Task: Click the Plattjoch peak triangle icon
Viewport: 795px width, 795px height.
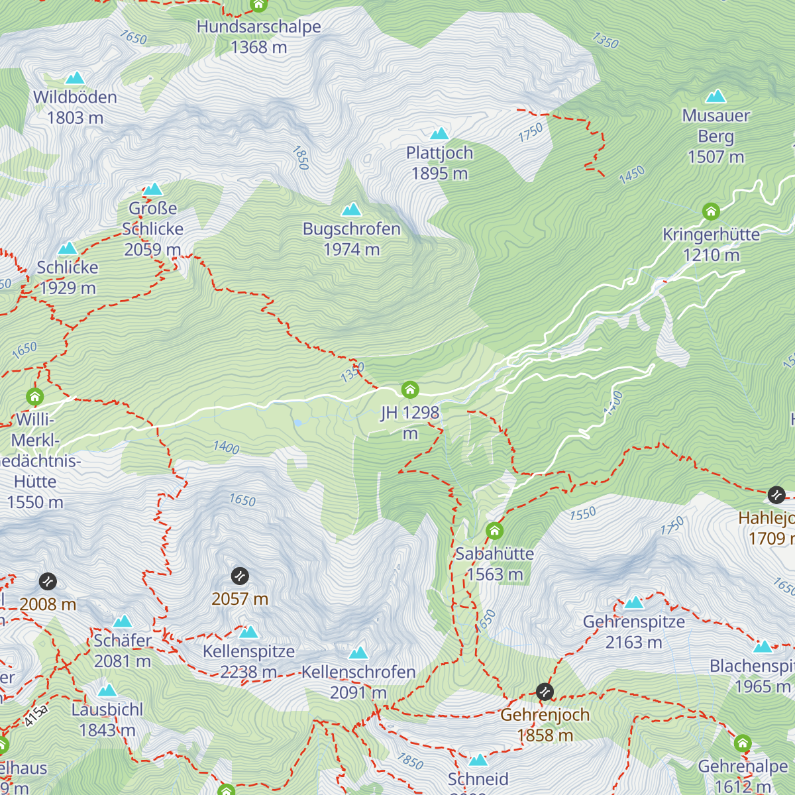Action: [x=439, y=134]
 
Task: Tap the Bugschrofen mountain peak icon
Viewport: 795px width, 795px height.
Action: [x=351, y=210]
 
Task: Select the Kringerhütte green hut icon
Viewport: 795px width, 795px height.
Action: [x=711, y=212]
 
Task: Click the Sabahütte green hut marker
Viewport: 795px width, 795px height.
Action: [x=494, y=531]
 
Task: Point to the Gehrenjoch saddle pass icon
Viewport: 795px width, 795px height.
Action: [x=545, y=692]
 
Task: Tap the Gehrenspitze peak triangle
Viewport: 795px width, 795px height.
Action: [x=634, y=602]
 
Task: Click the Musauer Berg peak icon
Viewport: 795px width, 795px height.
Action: [x=715, y=97]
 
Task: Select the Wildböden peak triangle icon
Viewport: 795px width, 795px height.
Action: [x=75, y=78]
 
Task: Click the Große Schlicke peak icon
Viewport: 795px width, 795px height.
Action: [x=153, y=189]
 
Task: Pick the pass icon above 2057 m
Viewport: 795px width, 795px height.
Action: [x=240, y=576]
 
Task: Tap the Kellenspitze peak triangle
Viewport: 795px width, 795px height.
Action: [x=248, y=632]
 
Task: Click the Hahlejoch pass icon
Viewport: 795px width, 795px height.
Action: [x=776, y=495]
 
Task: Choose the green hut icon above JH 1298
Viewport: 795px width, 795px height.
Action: [x=410, y=390]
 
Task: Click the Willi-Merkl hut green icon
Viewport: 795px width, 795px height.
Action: [x=35, y=397]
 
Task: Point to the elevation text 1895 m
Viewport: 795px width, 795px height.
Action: [x=439, y=174]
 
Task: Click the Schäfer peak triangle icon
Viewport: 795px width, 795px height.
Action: [x=123, y=621]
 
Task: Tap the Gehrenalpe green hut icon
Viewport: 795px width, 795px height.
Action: [x=743, y=743]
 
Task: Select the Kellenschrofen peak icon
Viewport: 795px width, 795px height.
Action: [x=358, y=653]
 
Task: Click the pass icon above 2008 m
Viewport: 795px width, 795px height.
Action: [x=48, y=582]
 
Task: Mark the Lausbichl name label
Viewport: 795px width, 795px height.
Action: [x=107, y=710]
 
